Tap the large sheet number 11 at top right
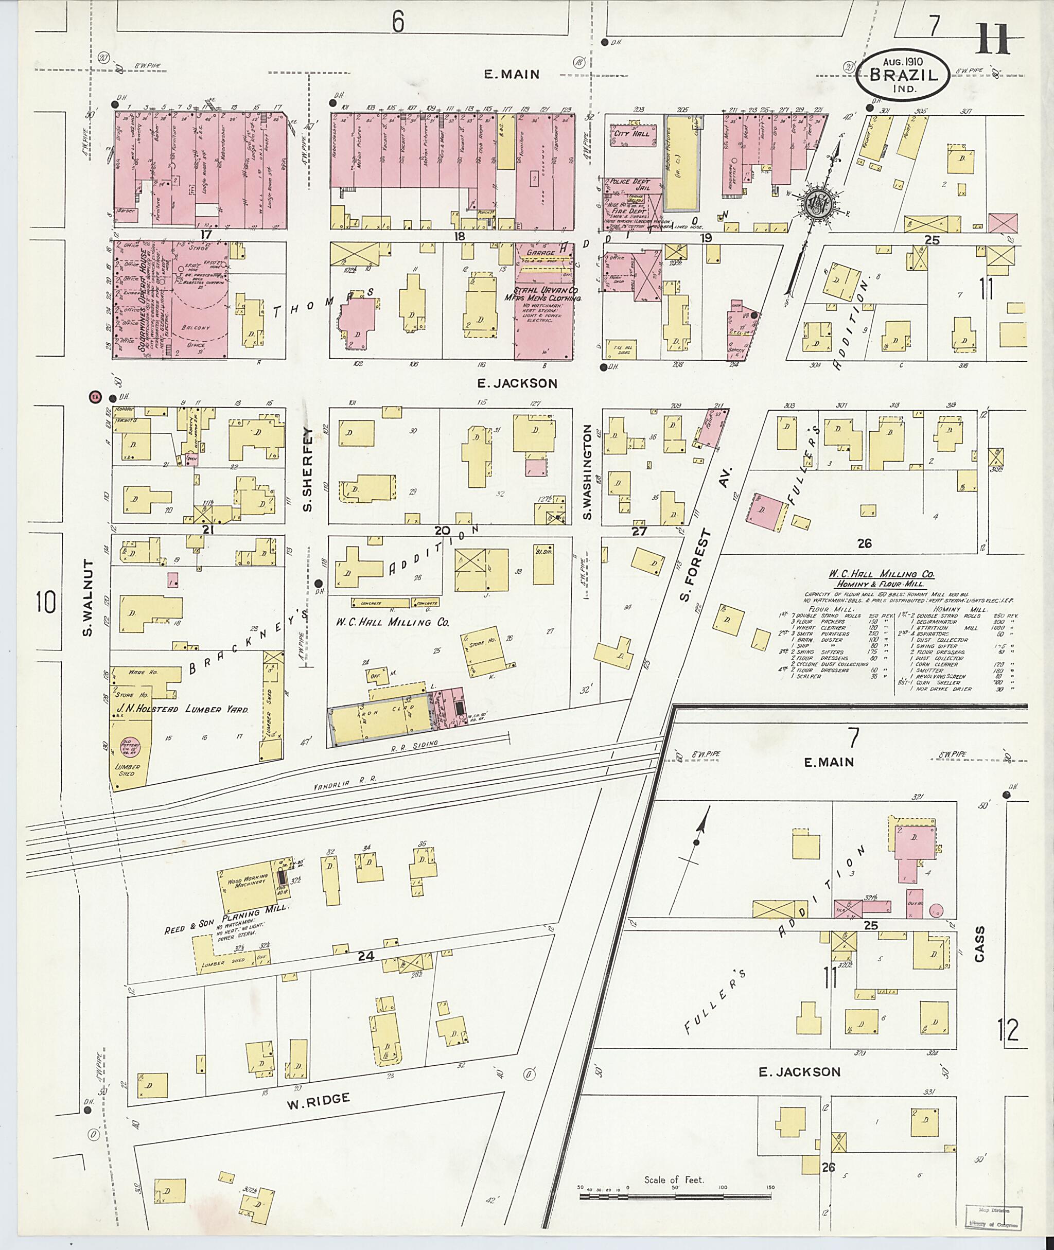tap(994, 38)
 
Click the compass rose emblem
tap(817, 204)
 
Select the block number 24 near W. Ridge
tap(366, 957)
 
